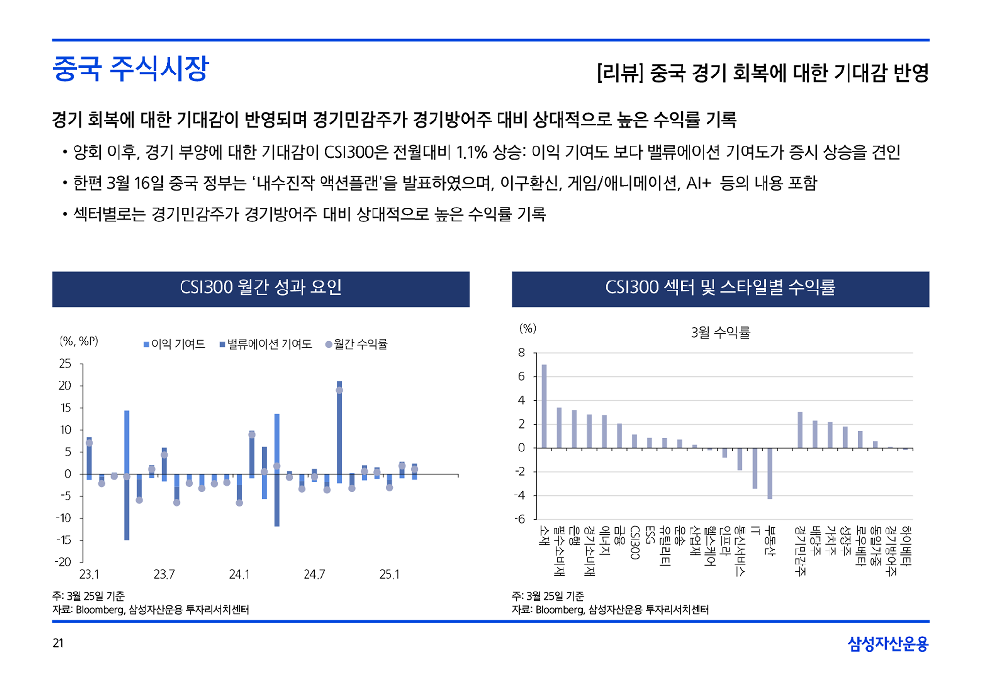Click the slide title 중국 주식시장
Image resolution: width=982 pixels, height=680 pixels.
coord(130,68)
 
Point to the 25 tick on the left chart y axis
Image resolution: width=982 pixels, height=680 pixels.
coord(65,363)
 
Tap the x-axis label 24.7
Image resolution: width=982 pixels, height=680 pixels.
coord(314,575)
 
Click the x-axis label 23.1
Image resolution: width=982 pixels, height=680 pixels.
coord(89,575)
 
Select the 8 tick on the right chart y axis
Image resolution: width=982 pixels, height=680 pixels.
coord(521,353)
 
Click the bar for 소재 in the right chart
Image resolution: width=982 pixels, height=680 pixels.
coord(544,406)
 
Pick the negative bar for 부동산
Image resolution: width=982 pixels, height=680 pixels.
coord(770,473)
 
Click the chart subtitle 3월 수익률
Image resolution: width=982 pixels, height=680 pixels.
coord(721,332)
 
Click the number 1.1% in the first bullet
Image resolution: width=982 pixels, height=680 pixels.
coord(471,152)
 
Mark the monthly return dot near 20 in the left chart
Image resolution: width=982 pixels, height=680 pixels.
coord(339,390)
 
